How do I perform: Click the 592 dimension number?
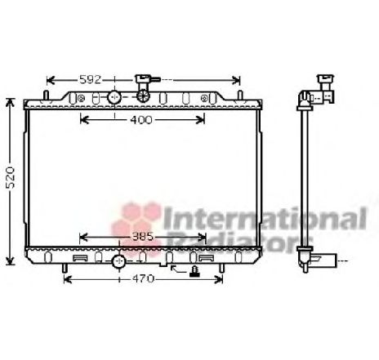click(91, 79)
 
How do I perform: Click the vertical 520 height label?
click(9, 181)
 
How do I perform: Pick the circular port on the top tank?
click(114, 97)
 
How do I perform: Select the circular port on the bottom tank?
click(119, 262)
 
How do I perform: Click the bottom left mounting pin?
click(65, 266)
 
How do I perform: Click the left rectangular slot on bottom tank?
click(80, 258)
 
